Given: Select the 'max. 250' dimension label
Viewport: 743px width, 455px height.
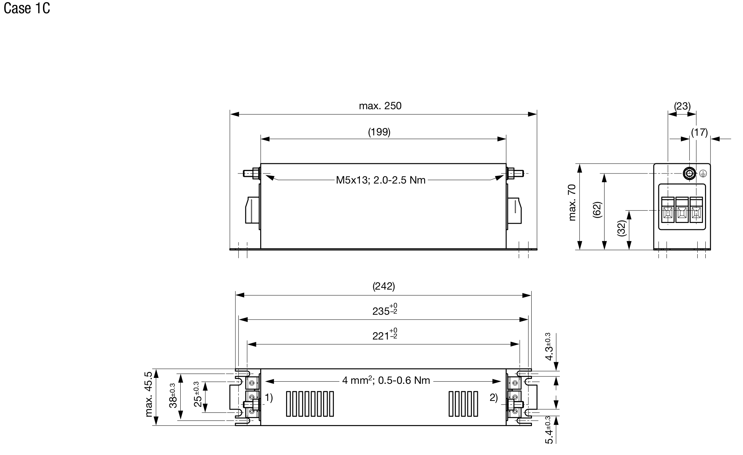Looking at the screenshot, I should pyautogui.click(x=380, y=106).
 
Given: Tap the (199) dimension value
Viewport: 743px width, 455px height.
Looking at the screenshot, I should pyautogui.click(x=379, y=132).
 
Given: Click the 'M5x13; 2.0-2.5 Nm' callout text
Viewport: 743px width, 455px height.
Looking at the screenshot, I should pyautogui.click(x=381, y=180).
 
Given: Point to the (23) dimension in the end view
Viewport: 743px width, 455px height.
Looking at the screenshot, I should pyautogui.click(x=682, y=106).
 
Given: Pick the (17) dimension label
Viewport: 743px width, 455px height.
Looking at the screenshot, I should pyautogui.click(x=699, y=132).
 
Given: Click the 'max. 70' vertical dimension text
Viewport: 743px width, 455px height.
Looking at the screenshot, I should pyautogui.click(x=572, y=203).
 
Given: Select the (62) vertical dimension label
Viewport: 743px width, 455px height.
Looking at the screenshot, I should pyautogui.click(x=597, y=210).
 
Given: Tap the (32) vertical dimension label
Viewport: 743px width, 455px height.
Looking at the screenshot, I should pyautogui.click(x=622, y=229).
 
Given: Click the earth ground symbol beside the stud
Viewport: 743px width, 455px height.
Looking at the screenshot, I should pyautogui.click(x=704, y=173).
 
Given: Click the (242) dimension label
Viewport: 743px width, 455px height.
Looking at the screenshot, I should pyautogui.click(x=384, y=286).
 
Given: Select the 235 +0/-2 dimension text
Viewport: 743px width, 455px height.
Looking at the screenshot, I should pyautogui.click(x=384, y=310).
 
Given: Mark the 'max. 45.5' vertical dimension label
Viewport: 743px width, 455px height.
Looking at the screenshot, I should pyautogui.click(x=149, y=394).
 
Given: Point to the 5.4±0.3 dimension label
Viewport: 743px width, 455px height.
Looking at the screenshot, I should pyautogui.click(x=549, y=430).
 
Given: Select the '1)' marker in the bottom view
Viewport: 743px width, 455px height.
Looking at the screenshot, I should pyautogui.click(x=269, y=397).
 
